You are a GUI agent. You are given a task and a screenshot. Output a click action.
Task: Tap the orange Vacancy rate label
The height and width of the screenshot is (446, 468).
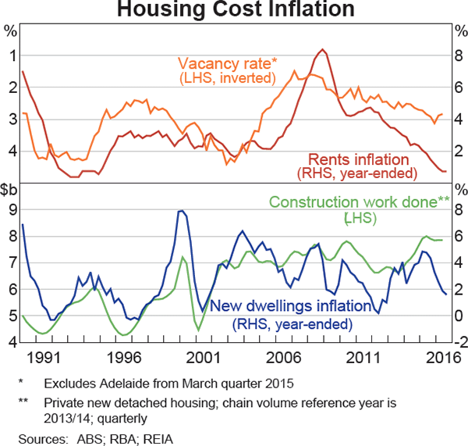[226, 63]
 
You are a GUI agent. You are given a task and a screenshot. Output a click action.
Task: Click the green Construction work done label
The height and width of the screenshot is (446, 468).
[359, 202]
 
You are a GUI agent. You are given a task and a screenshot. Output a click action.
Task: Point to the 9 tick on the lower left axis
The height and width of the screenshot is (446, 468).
[10, 210]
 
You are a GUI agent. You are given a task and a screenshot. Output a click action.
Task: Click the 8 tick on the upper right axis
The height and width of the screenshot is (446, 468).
[458, 55]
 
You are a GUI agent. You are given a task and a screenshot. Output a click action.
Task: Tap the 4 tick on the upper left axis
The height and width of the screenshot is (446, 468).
[10, 151]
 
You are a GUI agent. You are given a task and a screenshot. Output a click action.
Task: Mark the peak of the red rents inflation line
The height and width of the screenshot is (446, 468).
[322, 50]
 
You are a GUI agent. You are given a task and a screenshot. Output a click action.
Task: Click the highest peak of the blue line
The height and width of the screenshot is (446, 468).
[181, 211]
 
